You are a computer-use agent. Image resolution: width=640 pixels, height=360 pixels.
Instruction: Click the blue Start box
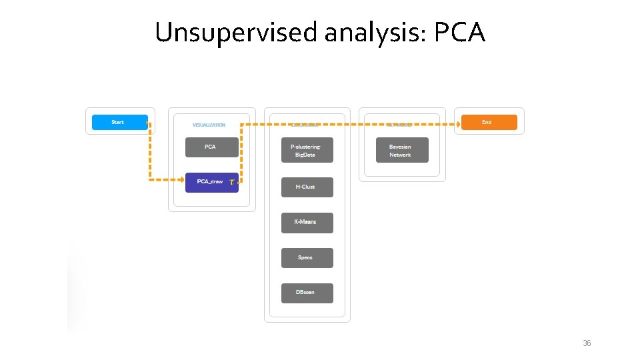(x=119, y=122)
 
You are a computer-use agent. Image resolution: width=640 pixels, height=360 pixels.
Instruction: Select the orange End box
(x=489, y=122)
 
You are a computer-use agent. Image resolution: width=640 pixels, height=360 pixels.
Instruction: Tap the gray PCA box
(x=211, y=147)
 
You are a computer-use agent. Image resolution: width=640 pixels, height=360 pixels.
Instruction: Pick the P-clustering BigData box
(x=307, y=151)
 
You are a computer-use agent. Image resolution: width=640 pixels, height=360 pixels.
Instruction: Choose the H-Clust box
(x=307, y=187)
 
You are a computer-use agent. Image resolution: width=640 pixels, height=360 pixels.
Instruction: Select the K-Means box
(x=307, y=222)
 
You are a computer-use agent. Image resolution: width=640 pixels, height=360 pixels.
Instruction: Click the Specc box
(x=307, y=257)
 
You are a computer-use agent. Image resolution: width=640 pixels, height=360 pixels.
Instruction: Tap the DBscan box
(x=307, y=293)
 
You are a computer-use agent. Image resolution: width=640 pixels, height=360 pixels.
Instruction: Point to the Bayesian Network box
(x=401, y=151)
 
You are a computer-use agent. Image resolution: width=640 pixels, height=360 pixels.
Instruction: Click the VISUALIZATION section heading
(x=209, y=125)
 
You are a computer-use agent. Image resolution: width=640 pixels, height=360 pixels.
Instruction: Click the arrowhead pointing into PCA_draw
(x=181, y=179)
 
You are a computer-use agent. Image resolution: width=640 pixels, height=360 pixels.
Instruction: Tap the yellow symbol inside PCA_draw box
(x=231, y=181)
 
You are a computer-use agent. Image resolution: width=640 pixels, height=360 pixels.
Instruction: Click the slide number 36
(x=587, y=343)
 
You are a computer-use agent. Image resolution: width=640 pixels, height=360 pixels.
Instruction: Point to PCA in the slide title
(x=459, y=32)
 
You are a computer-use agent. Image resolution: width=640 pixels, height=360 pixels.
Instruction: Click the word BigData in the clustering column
(x=305, y=155)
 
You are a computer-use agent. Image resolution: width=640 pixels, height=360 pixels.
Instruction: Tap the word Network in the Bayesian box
(x=401, y=155)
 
